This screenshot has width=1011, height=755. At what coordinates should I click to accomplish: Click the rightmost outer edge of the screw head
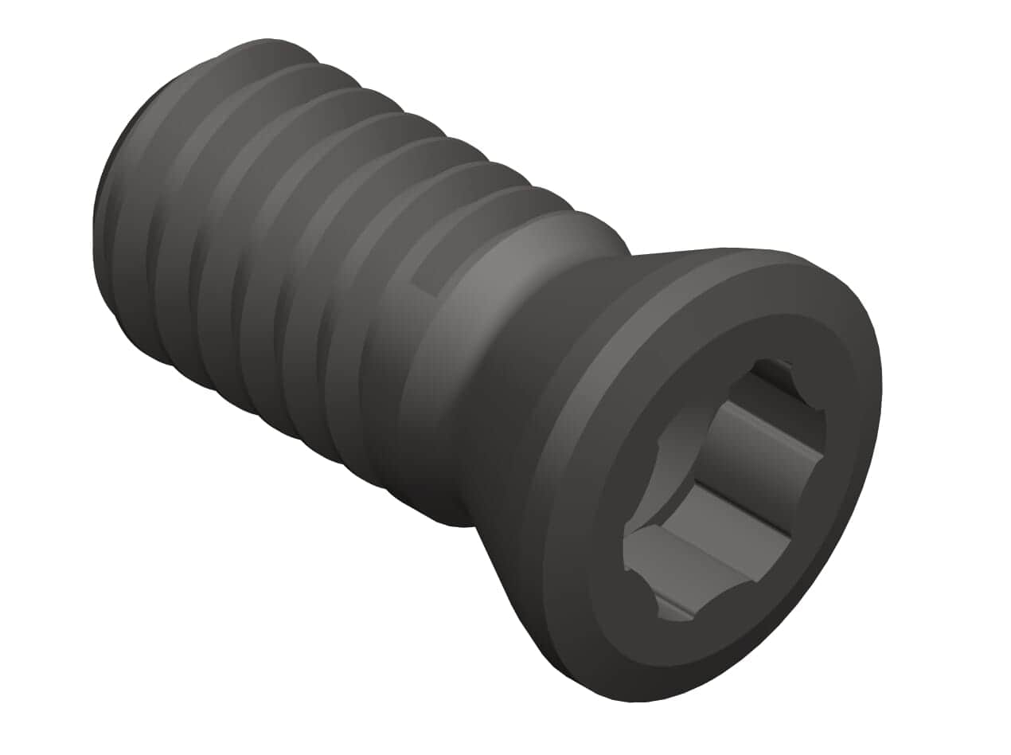click(880, 382)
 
